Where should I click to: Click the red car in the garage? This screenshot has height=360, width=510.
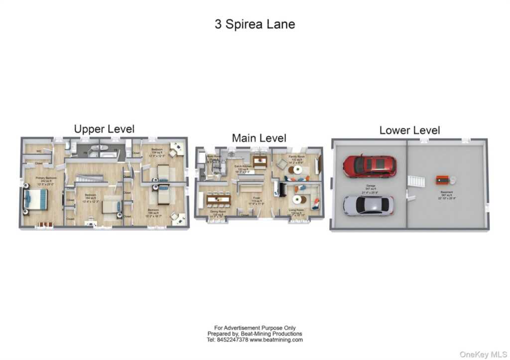click(370, 166)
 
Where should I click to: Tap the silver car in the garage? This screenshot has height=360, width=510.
click(368, 205)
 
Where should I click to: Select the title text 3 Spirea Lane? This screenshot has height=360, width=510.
click(255, 24)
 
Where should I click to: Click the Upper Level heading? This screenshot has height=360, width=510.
click(104, 129)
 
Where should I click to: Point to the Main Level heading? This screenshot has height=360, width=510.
click(259, 138)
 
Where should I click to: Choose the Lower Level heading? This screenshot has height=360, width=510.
click(409, 130)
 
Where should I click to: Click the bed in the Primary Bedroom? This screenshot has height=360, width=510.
click(35, 201)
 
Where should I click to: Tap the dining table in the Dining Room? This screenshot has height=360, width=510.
click(219, 200)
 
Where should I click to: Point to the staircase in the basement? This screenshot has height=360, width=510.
click(416, 181)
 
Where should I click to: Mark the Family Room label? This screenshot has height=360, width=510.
click(296, 157)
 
